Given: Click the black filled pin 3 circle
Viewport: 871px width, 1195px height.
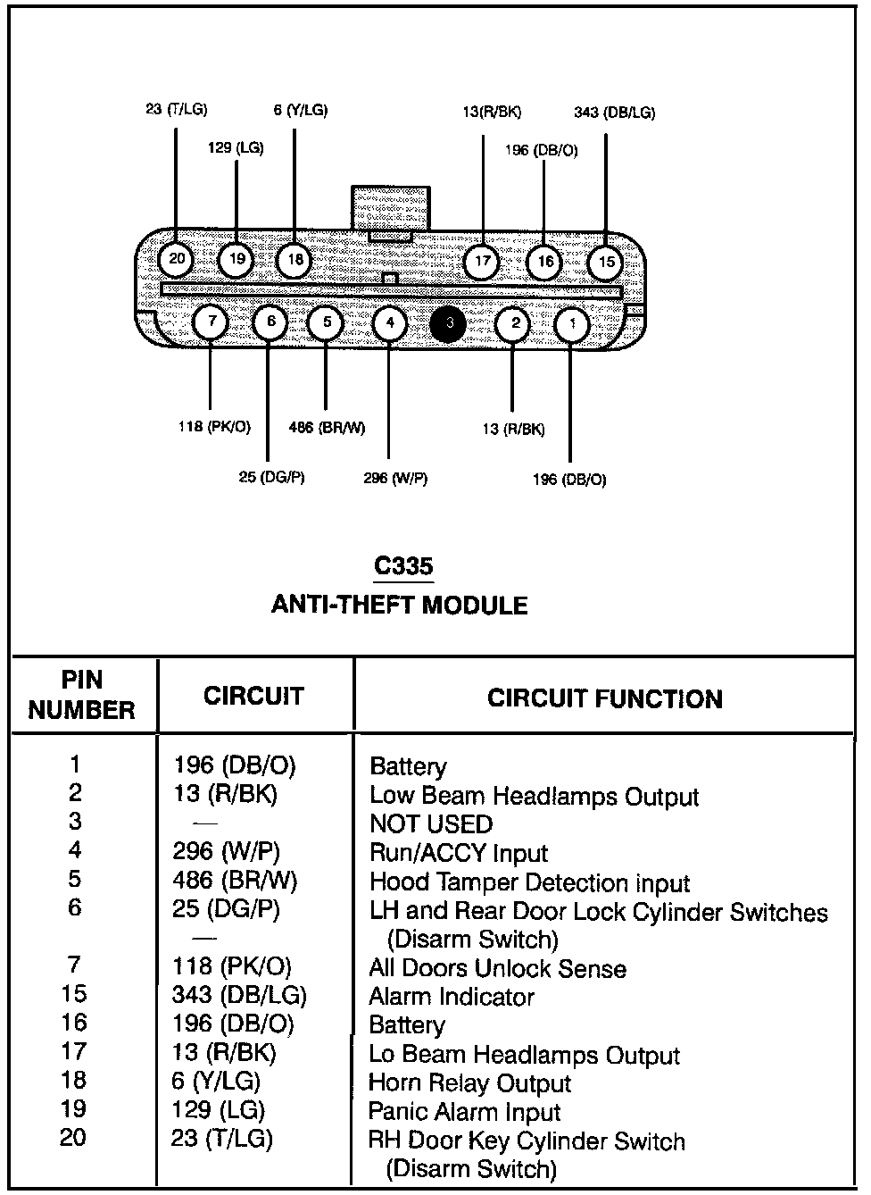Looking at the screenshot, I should pos(448,323).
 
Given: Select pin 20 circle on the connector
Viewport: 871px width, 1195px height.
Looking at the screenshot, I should pos(177,260).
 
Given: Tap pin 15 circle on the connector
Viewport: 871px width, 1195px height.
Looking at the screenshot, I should pos(607,262).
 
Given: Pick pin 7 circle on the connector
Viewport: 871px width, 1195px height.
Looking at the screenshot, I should pos(211,322).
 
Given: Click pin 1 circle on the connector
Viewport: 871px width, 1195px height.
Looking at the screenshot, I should pos(572,323).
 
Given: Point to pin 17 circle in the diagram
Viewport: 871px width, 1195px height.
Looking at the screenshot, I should pos(483,262).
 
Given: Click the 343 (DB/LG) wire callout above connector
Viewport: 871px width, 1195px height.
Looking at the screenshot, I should pos(614,113).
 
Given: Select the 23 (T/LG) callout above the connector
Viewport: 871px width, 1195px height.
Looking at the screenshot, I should pos(176,110).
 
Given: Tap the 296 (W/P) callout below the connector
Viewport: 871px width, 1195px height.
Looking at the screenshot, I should pos(395,479).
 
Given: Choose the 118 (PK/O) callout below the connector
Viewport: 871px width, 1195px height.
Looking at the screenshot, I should pos(214,427).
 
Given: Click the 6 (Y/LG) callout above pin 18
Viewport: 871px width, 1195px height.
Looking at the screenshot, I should pos(300,111).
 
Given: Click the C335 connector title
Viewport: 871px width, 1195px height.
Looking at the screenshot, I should pos(403,566).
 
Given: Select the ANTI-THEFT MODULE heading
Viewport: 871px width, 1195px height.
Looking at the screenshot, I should pos(399,606).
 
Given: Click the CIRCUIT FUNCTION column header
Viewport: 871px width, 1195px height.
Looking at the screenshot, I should pos(604,698).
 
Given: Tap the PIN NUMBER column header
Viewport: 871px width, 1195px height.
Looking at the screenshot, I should pos(82,695).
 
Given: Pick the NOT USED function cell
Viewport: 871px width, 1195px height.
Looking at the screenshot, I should pos(431,824).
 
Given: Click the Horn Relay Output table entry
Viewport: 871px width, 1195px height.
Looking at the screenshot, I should pos(469,1083).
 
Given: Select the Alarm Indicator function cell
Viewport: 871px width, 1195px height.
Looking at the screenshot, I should pos(452,997).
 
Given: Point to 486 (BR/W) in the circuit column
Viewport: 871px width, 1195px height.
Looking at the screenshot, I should pos(235,882).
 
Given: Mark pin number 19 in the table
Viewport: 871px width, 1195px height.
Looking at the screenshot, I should pos(74,1109).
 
